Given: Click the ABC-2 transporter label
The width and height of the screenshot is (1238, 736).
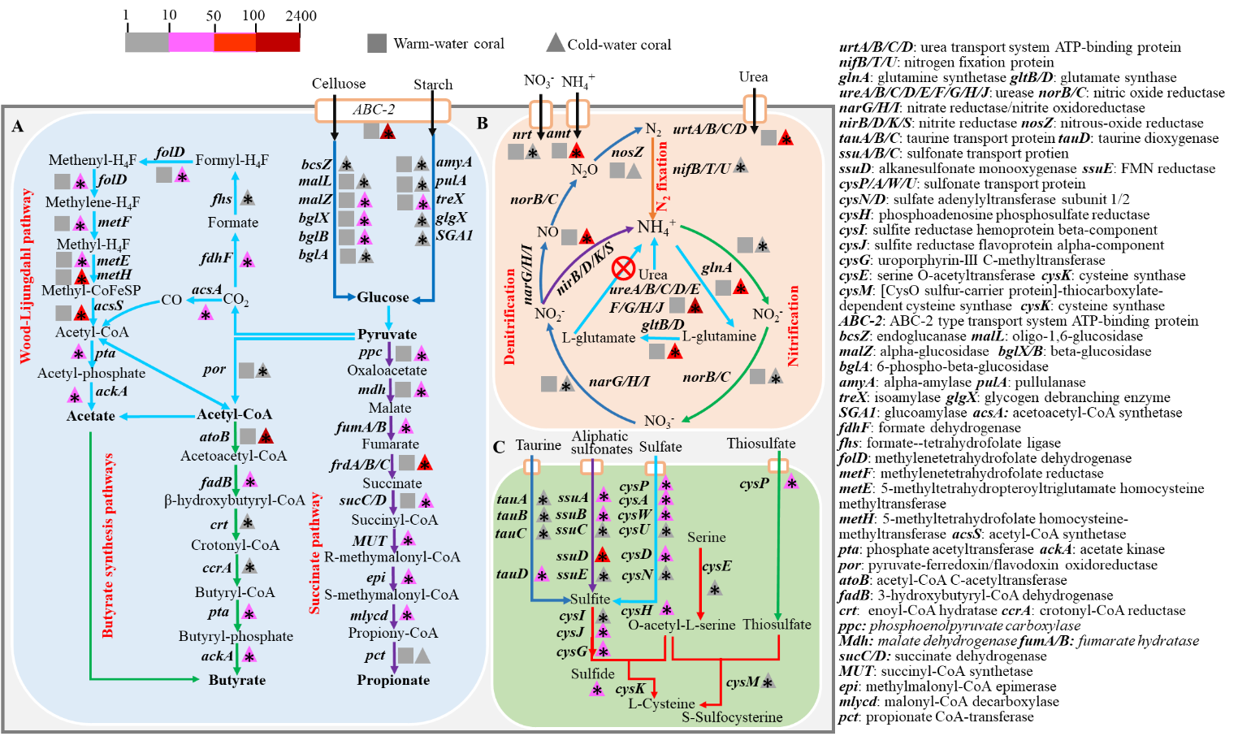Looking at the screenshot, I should point(374,110).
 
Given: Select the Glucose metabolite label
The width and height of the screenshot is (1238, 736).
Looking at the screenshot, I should point(383,297).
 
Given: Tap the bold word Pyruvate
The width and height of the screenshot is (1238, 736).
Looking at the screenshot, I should point(387,334).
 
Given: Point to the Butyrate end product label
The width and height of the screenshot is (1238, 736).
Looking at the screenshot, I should point(236,680).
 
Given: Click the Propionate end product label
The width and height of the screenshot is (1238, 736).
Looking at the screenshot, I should point(393,680).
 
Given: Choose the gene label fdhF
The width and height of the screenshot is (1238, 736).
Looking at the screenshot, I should point(216,258).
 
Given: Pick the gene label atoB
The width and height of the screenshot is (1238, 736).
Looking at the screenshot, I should point(214,436).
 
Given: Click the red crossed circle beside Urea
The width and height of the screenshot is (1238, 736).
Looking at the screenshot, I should point(623,268).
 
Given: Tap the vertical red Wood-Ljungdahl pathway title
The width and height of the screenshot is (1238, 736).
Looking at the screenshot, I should point(26,275).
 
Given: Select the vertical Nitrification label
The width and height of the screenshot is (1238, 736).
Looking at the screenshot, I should point(794,326).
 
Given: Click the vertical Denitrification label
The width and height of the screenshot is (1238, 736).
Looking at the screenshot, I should point(510,317).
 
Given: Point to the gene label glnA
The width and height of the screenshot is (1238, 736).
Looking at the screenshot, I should point(716,267).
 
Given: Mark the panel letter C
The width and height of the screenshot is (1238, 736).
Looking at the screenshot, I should point(499,447).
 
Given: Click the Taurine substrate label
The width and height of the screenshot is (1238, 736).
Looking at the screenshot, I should point(538,445).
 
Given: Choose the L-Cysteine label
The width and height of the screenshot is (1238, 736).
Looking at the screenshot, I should point(661,704).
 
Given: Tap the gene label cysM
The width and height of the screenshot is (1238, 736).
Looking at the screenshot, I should point(742,682).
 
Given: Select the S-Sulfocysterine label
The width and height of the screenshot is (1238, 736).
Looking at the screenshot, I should point(732,717).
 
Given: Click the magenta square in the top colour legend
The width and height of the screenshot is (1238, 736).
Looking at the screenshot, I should point(192,42).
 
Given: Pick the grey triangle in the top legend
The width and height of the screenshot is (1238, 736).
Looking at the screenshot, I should point(556,42).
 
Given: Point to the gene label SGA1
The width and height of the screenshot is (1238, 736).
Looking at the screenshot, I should point(454,236).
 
